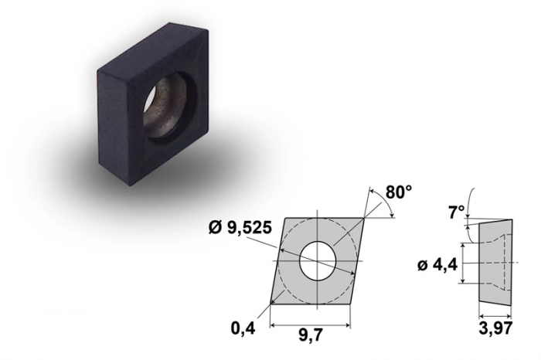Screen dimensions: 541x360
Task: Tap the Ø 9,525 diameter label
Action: click(240, 228)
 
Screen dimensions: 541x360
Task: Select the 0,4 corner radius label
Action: click(243, 328)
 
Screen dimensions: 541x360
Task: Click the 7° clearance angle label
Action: click(457, 212)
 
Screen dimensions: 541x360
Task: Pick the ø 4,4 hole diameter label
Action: click(437, 266)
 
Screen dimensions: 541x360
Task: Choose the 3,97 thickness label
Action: click(495, 328)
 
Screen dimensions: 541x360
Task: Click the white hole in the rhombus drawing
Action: click(318, 260)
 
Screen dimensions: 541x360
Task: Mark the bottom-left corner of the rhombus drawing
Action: click(271, 304)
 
